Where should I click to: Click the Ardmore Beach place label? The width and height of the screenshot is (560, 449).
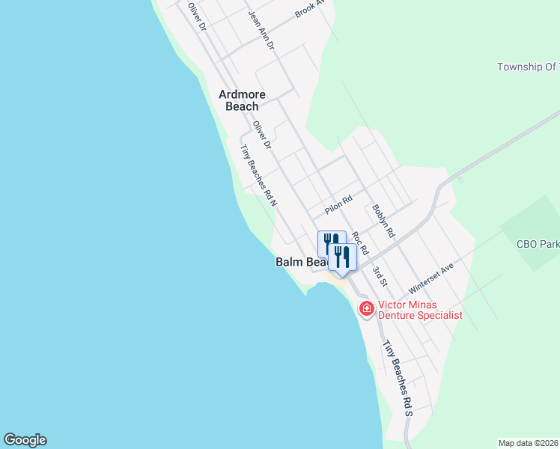(238, 100)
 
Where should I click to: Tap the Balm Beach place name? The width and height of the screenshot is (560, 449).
(301, 262)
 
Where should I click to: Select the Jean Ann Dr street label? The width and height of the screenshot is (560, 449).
(261, 29)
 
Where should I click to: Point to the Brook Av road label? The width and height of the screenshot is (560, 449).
(310, 8)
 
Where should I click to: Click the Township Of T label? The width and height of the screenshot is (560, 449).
(528, 67)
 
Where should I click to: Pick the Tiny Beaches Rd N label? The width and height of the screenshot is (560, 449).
(259, 174)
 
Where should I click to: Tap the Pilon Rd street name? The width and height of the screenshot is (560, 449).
(338, 204)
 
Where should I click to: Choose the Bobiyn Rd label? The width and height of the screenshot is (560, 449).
(383, 222)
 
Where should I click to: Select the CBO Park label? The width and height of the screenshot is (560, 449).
(538, 244)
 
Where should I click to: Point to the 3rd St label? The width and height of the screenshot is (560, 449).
(380, 276)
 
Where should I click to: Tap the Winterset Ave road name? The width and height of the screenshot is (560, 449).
(431, 278)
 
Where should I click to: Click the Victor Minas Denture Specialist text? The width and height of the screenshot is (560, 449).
(419, 310)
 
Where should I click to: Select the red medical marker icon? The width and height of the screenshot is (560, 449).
(366, 308)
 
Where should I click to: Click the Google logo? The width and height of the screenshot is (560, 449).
(25, 440)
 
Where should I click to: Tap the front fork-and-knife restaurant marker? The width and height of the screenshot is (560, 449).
(342, 257)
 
